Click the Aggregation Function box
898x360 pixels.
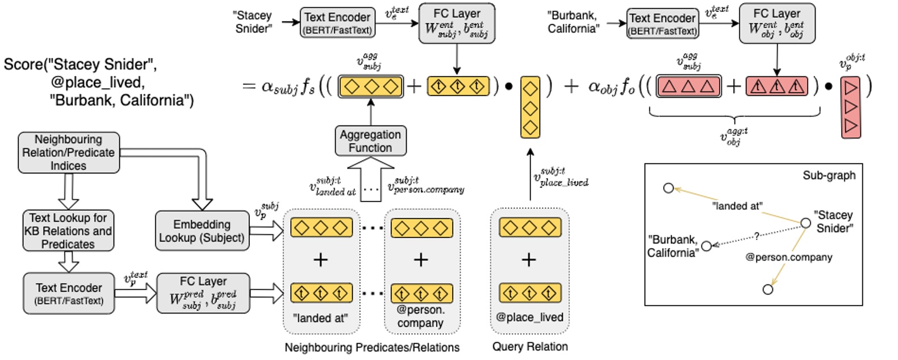pos(370,141)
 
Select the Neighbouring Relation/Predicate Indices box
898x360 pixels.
pos(69,153)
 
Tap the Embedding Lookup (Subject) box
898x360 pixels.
pos(202,231)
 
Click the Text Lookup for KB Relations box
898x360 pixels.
pos(68,231)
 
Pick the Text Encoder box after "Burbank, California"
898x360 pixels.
pos(662,24)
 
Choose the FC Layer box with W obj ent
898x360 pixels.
pos(776,23)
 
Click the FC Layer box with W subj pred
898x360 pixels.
pos(203,293)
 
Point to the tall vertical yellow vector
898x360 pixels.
pos(530,107)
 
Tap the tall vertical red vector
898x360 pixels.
pos(850,107)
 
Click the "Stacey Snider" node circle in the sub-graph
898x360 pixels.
pos(805,223)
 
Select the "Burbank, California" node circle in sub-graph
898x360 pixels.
pos(706,246)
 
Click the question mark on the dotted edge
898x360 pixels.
pos(756,236)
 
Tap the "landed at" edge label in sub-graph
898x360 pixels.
pos(737,206)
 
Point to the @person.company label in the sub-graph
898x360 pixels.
pos(788,257)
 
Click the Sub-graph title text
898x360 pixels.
pos(828,175)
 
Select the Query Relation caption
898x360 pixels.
pos(529,347)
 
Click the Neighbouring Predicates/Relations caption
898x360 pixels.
pos(371,348)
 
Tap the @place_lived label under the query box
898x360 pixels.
pos(529,317)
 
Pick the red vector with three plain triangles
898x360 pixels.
pos(688,86)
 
